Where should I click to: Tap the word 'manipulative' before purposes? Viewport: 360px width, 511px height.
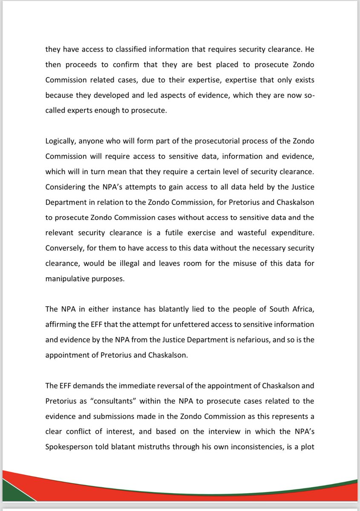click(66, 279)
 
